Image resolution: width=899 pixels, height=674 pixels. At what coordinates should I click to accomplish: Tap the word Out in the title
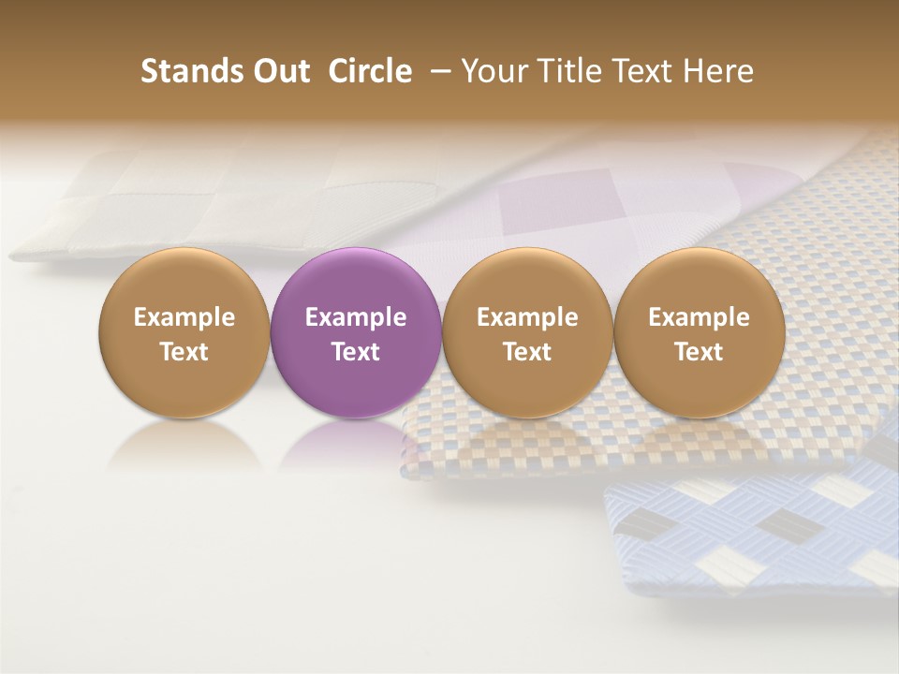(x=279, y=71)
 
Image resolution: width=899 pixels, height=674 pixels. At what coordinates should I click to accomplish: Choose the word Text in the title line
(x=643, y=71)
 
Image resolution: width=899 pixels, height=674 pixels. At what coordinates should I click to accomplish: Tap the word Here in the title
(x=718, y=71)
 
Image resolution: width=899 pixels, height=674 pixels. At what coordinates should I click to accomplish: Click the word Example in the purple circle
(x=356, y=317)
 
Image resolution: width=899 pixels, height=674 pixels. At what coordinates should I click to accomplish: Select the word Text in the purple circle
(x=356, y=352)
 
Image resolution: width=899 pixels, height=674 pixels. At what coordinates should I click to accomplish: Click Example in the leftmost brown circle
(x=184, y=317)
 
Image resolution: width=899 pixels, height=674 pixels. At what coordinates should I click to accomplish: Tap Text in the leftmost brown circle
(x=184, y=352)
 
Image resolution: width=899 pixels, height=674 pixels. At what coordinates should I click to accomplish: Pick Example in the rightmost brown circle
(x=699, y=317)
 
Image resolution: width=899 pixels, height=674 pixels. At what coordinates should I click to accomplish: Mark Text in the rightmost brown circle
(x=699, y=352)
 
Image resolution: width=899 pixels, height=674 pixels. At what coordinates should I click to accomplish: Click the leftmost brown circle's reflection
(x=184, y=446)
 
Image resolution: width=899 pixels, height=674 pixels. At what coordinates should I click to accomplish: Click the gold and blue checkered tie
(x=824, y=281)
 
